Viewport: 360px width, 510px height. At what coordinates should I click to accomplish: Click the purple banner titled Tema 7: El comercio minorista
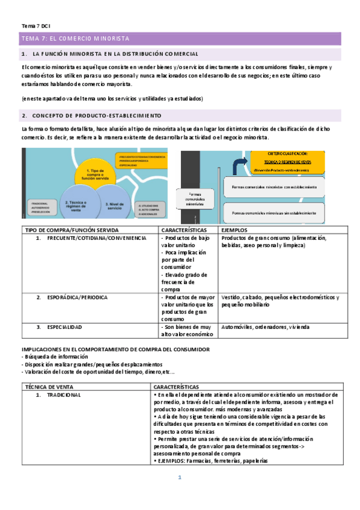pyautogui.click(x=180, y=38)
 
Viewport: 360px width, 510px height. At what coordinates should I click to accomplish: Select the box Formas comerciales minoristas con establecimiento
pyautogui.click(x=273, y=187)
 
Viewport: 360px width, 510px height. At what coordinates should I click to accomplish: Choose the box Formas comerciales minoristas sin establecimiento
pyautogui.click(x=273, y=213)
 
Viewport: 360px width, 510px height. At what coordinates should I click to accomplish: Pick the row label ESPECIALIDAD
pyautogui.click(x=67, y=327)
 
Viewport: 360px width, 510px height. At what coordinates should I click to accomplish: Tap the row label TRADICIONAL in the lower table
pyautogui.click(x=63, y=395)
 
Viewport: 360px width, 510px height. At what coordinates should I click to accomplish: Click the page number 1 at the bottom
pyautogui.click(x=179, y=478)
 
